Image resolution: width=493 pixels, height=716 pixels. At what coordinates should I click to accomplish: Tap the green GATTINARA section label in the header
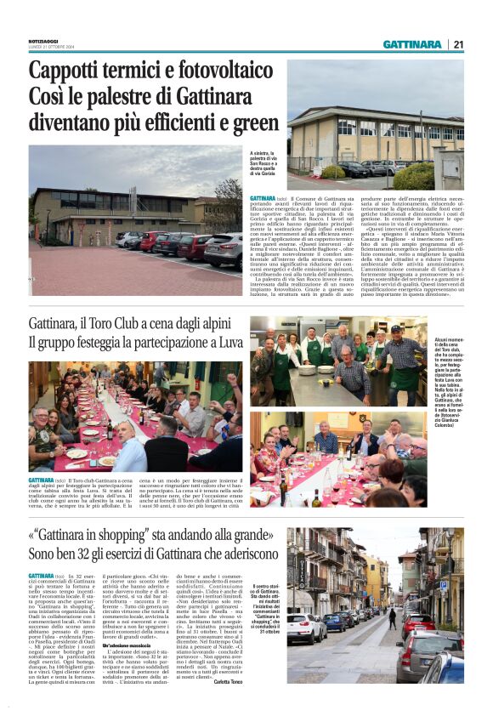412,44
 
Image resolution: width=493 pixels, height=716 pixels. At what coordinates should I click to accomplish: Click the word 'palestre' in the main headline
111,96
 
